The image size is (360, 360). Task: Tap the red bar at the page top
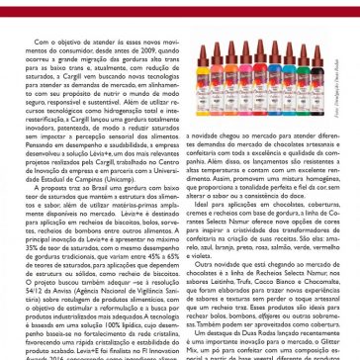click(180, 5)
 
